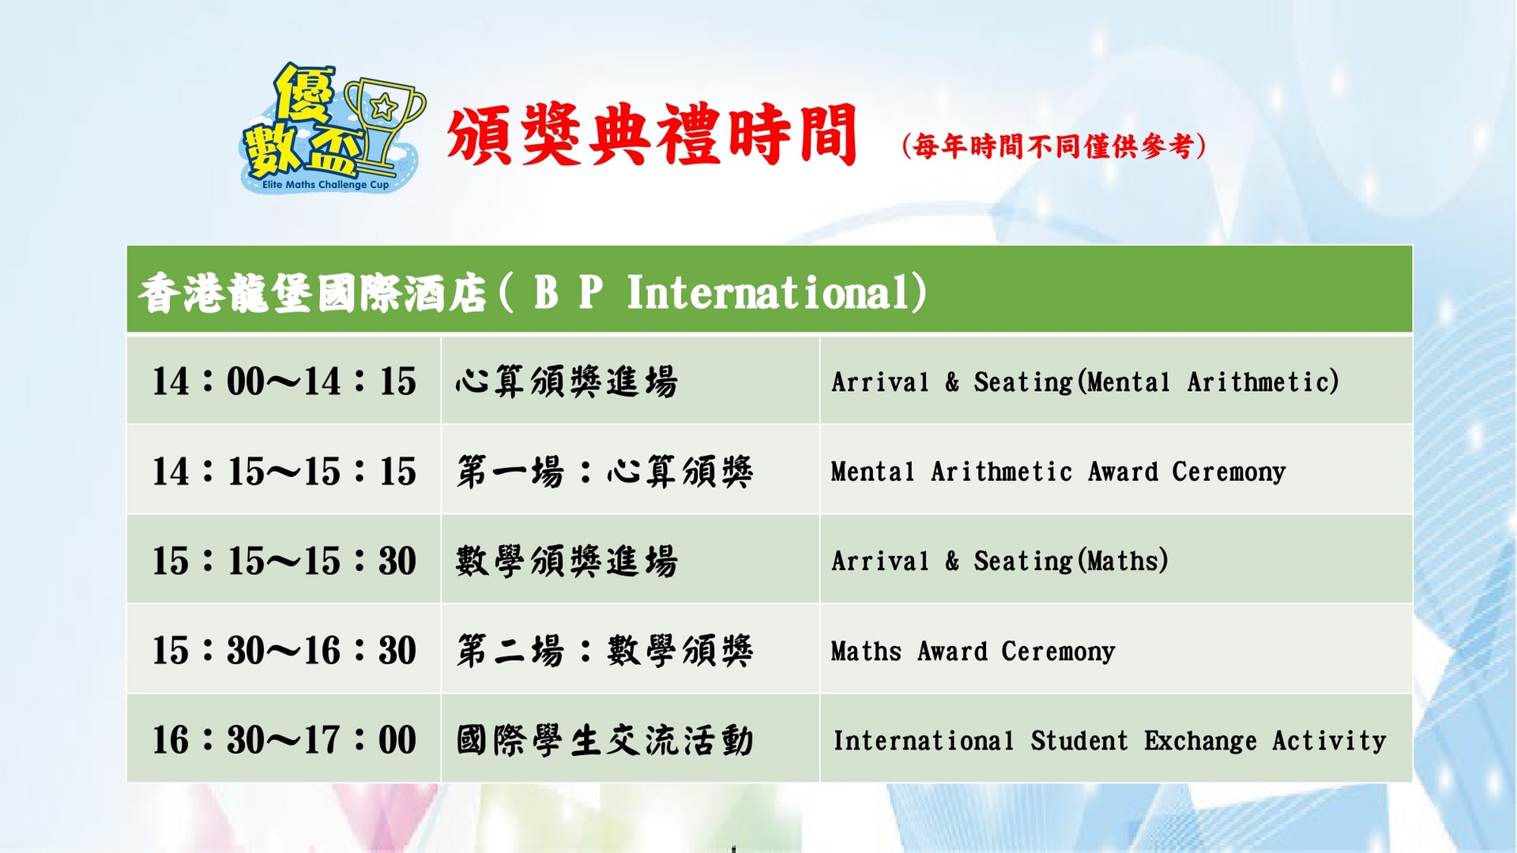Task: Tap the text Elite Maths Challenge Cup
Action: [326, 185]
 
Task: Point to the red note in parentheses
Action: [1054, 146]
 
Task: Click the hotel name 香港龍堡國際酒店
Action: [313, 294]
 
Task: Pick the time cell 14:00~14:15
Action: [284, 381]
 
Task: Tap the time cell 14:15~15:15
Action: [284, 471]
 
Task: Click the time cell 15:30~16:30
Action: [284, 650]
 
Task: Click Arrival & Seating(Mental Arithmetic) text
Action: [1086, 382]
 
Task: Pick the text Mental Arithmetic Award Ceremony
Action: [1059, 472]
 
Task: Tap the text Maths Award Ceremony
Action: [973, 652]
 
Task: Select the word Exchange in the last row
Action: [1200, 741]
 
